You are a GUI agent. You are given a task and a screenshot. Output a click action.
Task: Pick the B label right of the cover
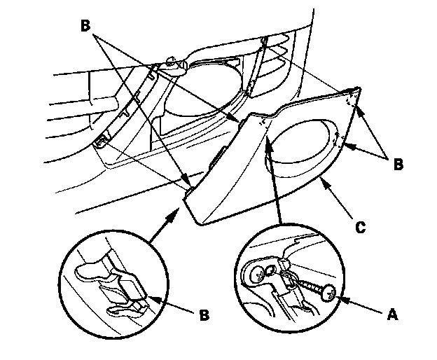(397, 165)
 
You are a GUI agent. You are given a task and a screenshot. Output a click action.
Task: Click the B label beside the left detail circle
(204, 315)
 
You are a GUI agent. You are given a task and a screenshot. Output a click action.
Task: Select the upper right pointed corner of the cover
(358, 88)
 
